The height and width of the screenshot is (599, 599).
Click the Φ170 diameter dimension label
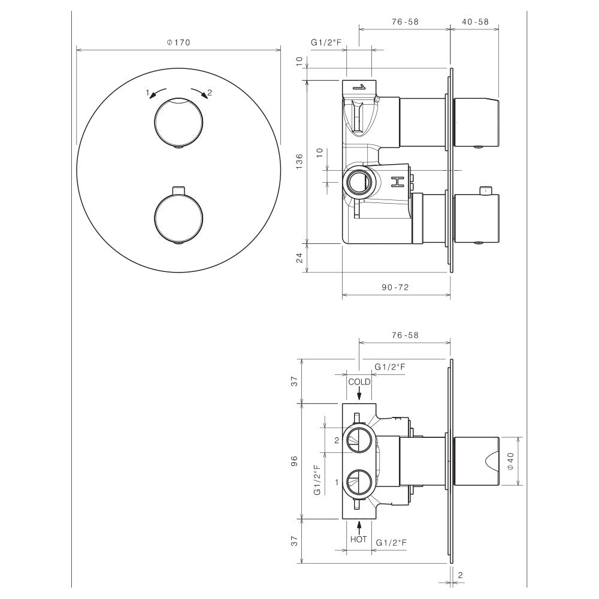click(179, 43)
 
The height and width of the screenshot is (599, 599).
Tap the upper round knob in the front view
click(179, 122)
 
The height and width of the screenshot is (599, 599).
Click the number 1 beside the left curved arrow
click(147, 92)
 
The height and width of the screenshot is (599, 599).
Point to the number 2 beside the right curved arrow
click(209, 92)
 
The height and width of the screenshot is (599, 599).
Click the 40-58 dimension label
click(475, 22)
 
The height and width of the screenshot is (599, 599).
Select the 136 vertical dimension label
click(299, 161)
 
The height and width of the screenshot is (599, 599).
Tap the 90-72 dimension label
click(395, 288)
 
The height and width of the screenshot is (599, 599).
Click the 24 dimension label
click(299, 258)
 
